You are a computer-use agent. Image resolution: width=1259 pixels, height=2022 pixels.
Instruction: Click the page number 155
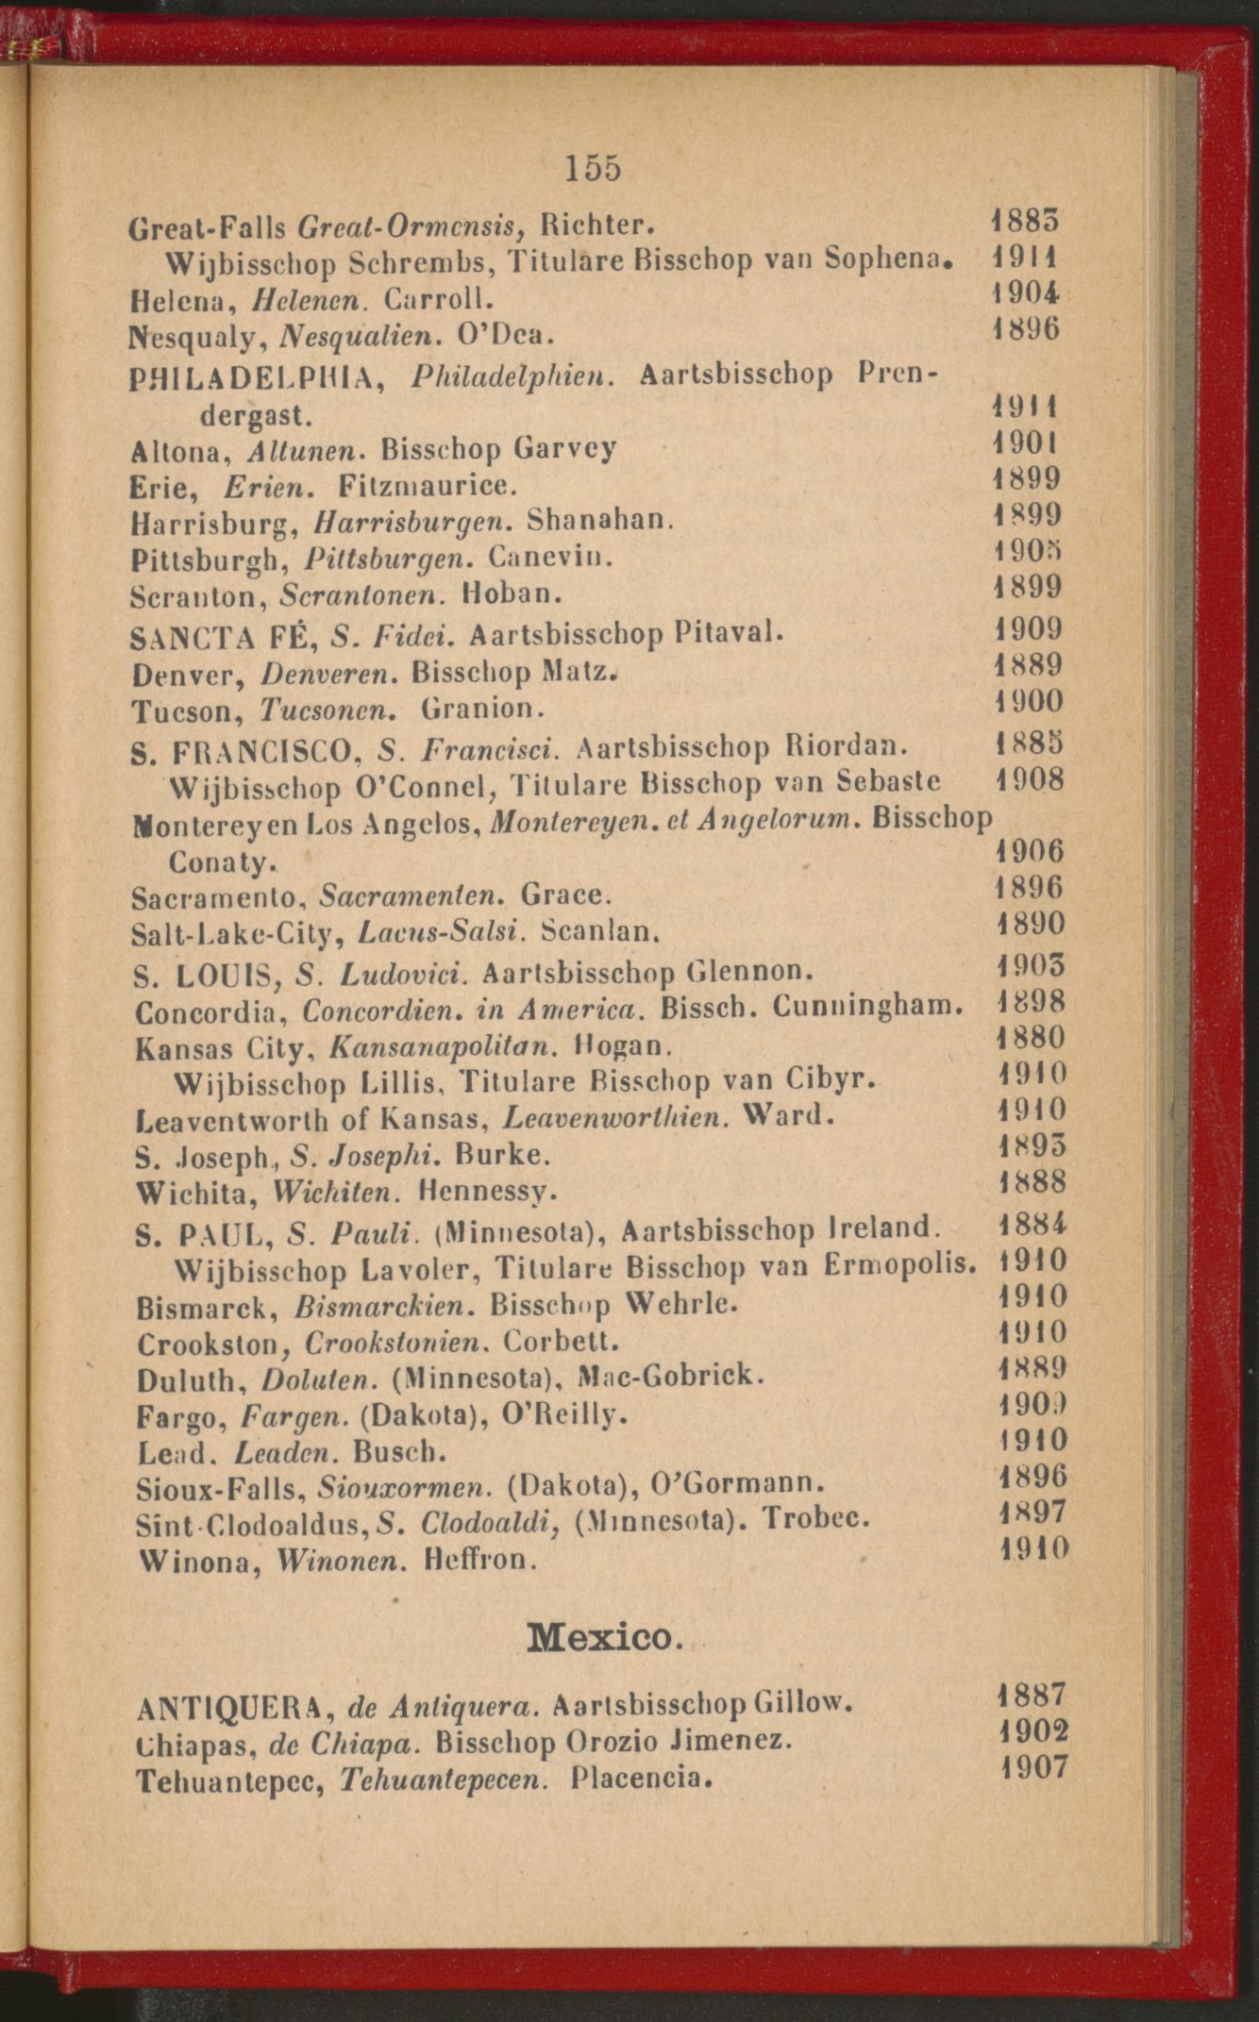pyautogui.click(x=594, y=168)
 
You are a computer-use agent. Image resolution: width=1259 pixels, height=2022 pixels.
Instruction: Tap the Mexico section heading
pyautogui.click(x=603, y=1636)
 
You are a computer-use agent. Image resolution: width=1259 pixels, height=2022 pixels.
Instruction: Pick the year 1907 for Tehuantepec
pyautogui.click(x=1033, y=1766)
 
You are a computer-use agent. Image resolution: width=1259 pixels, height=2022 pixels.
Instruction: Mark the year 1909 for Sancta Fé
pyautogui.click(x=1029, y=628)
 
